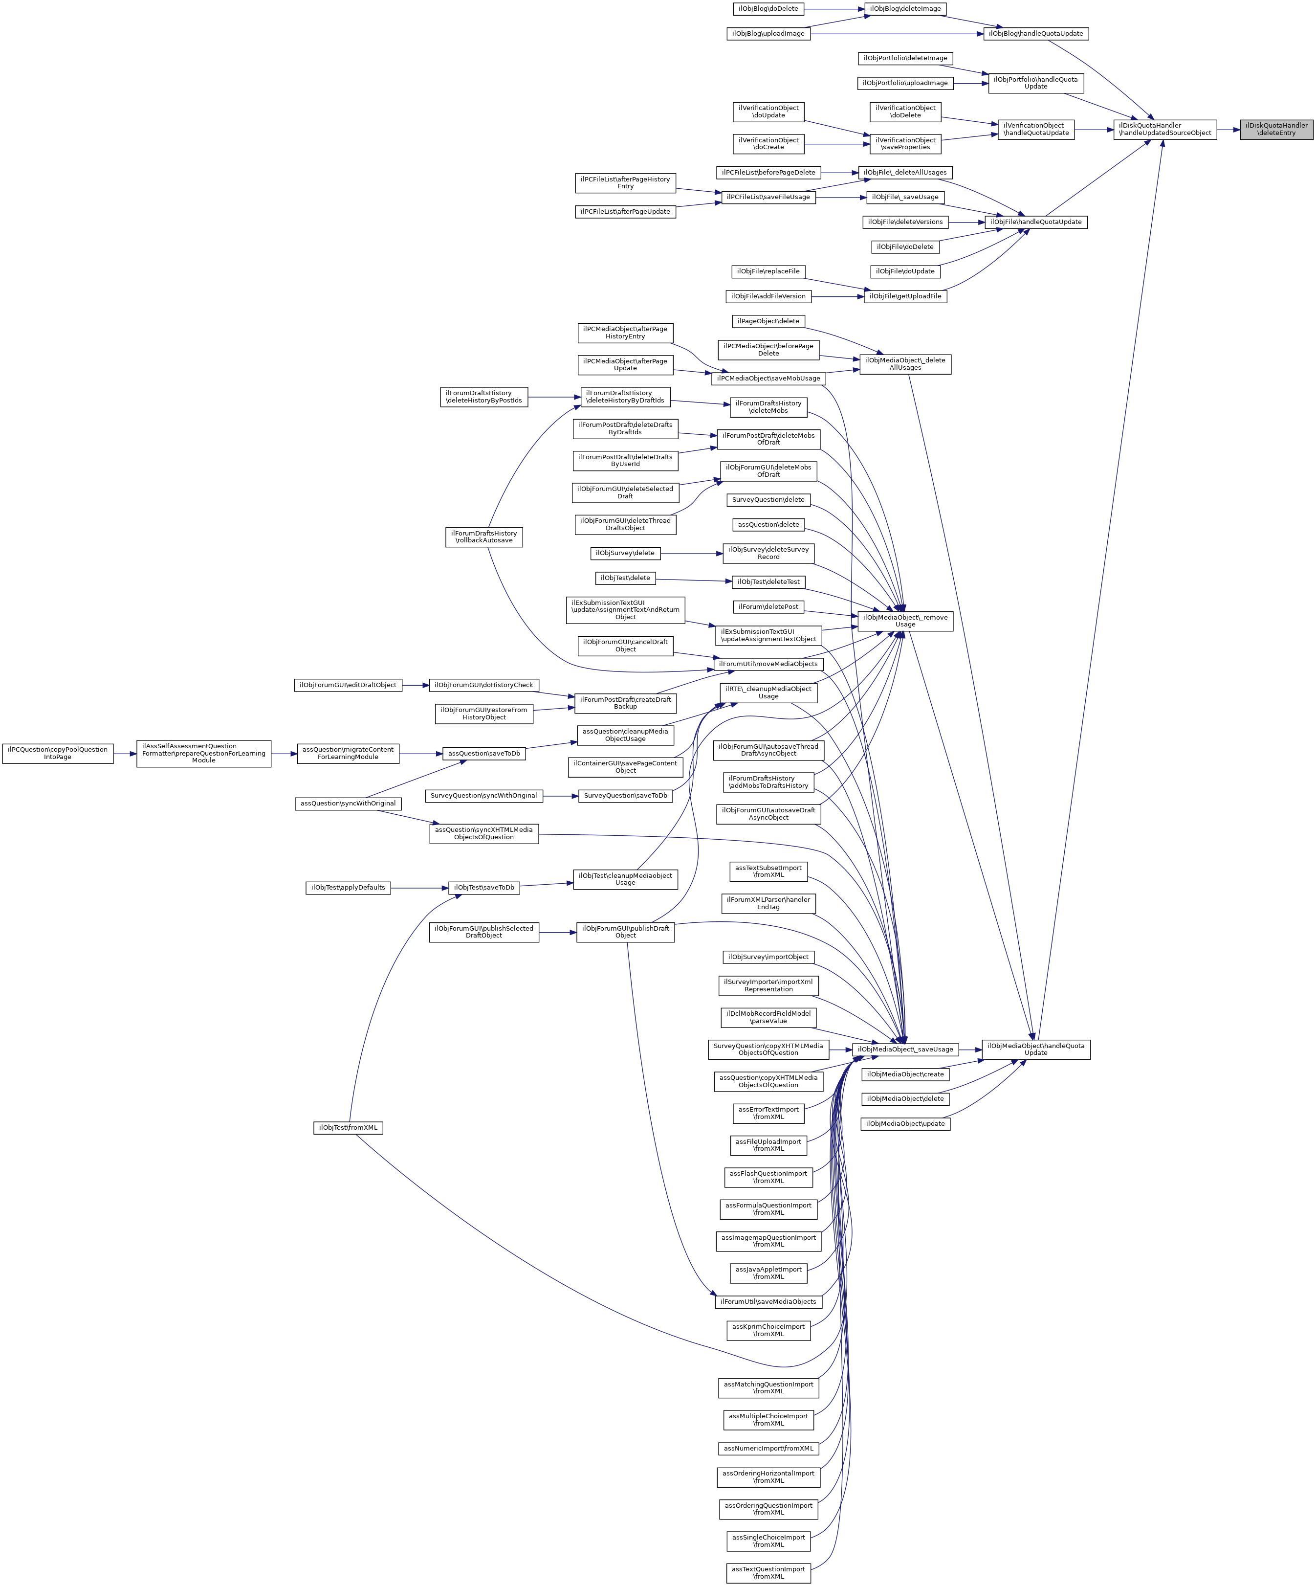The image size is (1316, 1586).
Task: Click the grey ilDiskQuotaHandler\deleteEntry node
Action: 1276,129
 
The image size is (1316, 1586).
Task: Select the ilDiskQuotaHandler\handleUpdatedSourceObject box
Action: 1165,129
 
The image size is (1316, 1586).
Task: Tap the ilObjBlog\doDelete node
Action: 768,9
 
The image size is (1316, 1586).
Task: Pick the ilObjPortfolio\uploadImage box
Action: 905,83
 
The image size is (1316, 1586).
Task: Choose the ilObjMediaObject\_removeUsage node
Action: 905,621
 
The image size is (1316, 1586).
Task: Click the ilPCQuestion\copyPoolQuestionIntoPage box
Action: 57,753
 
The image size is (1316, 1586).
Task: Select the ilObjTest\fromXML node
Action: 348,1128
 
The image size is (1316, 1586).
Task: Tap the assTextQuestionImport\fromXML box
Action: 768,1572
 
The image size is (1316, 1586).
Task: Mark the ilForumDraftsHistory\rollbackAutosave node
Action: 484,537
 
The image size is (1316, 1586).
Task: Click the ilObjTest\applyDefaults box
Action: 348,888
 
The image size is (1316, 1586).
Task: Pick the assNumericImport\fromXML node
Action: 768,1449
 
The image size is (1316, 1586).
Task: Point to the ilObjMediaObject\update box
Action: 905,1124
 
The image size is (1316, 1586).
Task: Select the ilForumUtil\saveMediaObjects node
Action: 768,1301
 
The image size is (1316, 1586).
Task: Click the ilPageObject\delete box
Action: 768,321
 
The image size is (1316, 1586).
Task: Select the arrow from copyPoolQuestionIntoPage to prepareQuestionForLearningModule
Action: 125,754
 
